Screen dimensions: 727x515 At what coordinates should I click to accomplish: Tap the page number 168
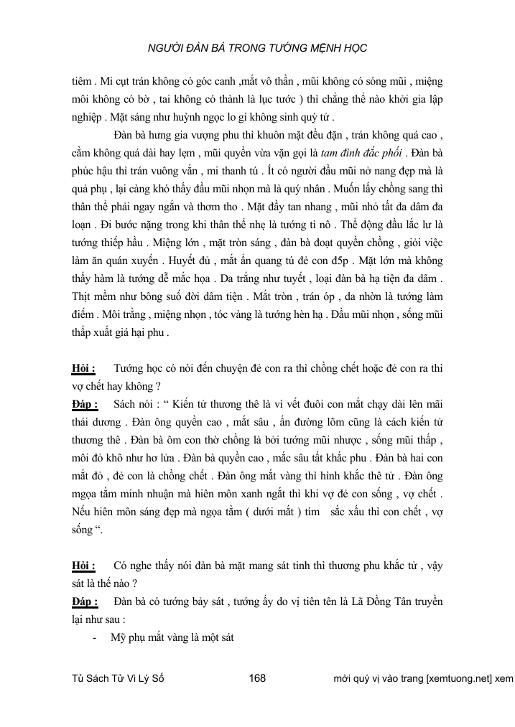[256, 677]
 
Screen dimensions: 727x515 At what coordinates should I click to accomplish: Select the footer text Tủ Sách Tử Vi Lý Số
[119, 677]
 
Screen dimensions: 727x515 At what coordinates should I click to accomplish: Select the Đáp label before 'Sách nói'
[85, 406]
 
